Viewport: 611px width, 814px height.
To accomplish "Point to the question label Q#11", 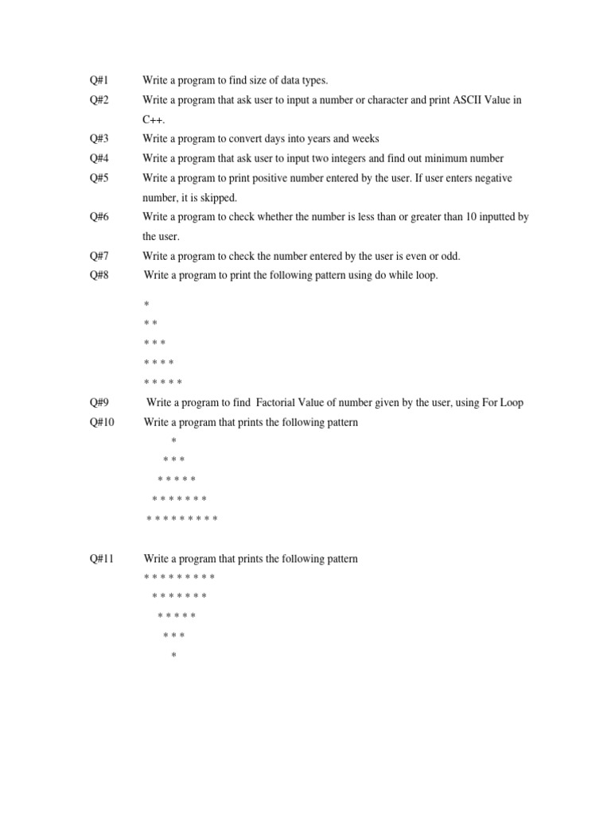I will tap(102, 559).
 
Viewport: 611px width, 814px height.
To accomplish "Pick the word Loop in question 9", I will tap(510, 403).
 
